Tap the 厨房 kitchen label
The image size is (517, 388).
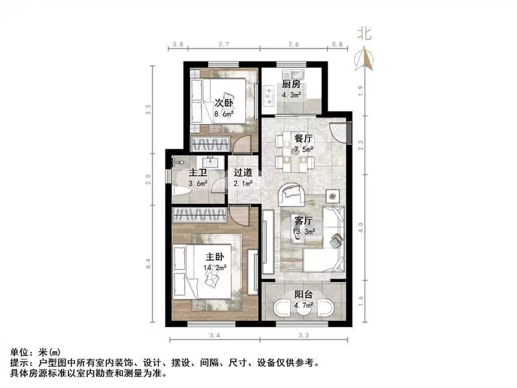(291, 84)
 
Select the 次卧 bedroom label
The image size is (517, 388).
(224, 103)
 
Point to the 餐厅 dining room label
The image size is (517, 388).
(304, 139)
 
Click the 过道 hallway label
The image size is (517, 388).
(243, 173)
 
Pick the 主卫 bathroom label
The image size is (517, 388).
(198, 173)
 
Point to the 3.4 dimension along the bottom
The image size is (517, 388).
(215, 336)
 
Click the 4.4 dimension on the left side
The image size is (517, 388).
(148, 264)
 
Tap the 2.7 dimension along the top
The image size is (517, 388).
(224, 45)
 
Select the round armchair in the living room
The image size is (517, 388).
(292, 195)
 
